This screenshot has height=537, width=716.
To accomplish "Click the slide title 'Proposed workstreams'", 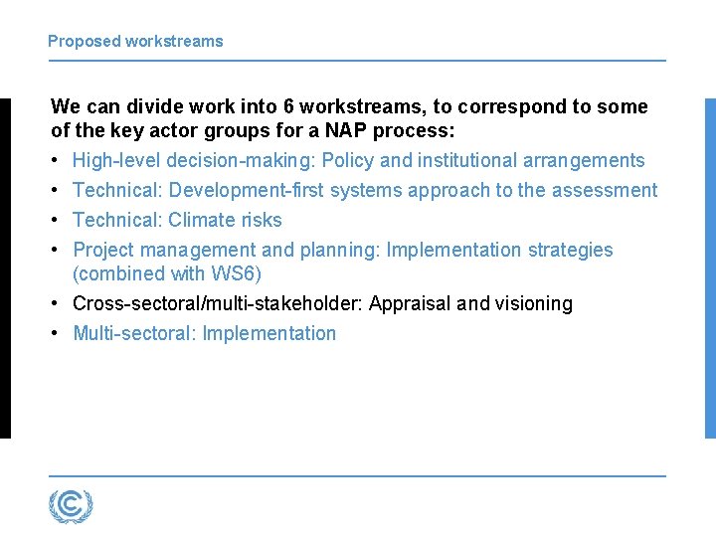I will click(135, 42).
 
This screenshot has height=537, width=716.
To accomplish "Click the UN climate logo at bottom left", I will click(71, 506).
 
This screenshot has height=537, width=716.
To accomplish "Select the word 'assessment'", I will click(608, 191).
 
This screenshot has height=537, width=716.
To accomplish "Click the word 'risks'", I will click(262, 221).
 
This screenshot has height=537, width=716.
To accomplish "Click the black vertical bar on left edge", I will click(5, 268).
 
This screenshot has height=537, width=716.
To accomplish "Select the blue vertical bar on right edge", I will click(710, 268).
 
